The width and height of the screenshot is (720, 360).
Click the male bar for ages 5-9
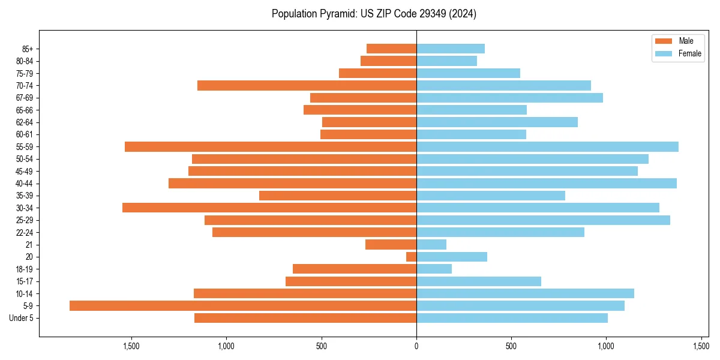[x=243, y=306]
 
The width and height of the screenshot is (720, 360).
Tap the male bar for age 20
[x=412, y=257]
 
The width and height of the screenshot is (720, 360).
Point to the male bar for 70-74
[x=307, y=86]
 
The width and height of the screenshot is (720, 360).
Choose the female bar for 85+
[x=451, y=49]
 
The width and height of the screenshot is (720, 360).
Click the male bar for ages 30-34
[x=269, y=208]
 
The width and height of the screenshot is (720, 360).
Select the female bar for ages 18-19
[x=434, y=269]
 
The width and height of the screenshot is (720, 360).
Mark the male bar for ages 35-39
[x=338, y=196]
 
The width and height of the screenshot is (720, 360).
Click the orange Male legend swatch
[x=664, y=41]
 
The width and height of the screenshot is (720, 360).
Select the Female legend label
[x=690, y=53]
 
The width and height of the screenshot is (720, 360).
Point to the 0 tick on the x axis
[x=416, y=346]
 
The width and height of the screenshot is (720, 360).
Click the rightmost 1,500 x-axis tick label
[x=701, y=346]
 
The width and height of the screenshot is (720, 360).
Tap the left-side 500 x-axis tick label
[x=322, y=346]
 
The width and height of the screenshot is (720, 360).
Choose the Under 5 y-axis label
[x=21, y=318]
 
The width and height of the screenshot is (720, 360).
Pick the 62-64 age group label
[x=25, y=122]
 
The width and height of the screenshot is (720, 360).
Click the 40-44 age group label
[x=25, y=184]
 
